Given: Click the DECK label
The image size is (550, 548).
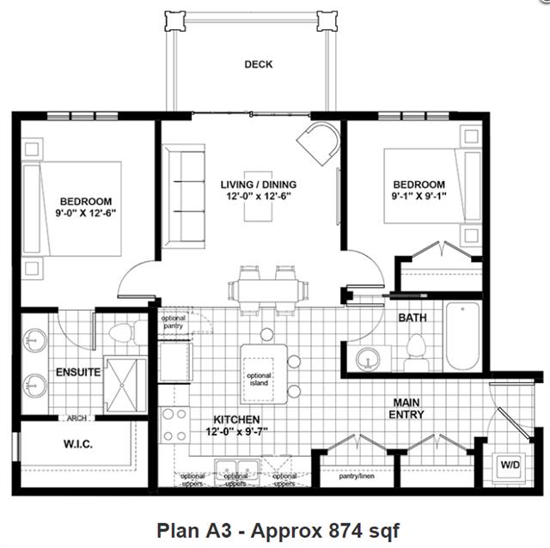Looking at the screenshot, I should (258, 64).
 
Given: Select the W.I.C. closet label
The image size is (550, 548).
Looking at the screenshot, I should (77, 444).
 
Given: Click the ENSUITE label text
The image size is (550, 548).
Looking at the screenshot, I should (79, 373).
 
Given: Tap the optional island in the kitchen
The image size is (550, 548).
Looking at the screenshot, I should (260, 378).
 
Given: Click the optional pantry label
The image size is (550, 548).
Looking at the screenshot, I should (174, 323).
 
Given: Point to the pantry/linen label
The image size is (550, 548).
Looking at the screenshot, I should (356, 476).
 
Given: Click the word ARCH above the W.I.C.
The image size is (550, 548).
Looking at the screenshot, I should (76, 418).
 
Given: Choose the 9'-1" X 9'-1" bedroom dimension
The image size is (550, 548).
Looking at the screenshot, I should (419, 197).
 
